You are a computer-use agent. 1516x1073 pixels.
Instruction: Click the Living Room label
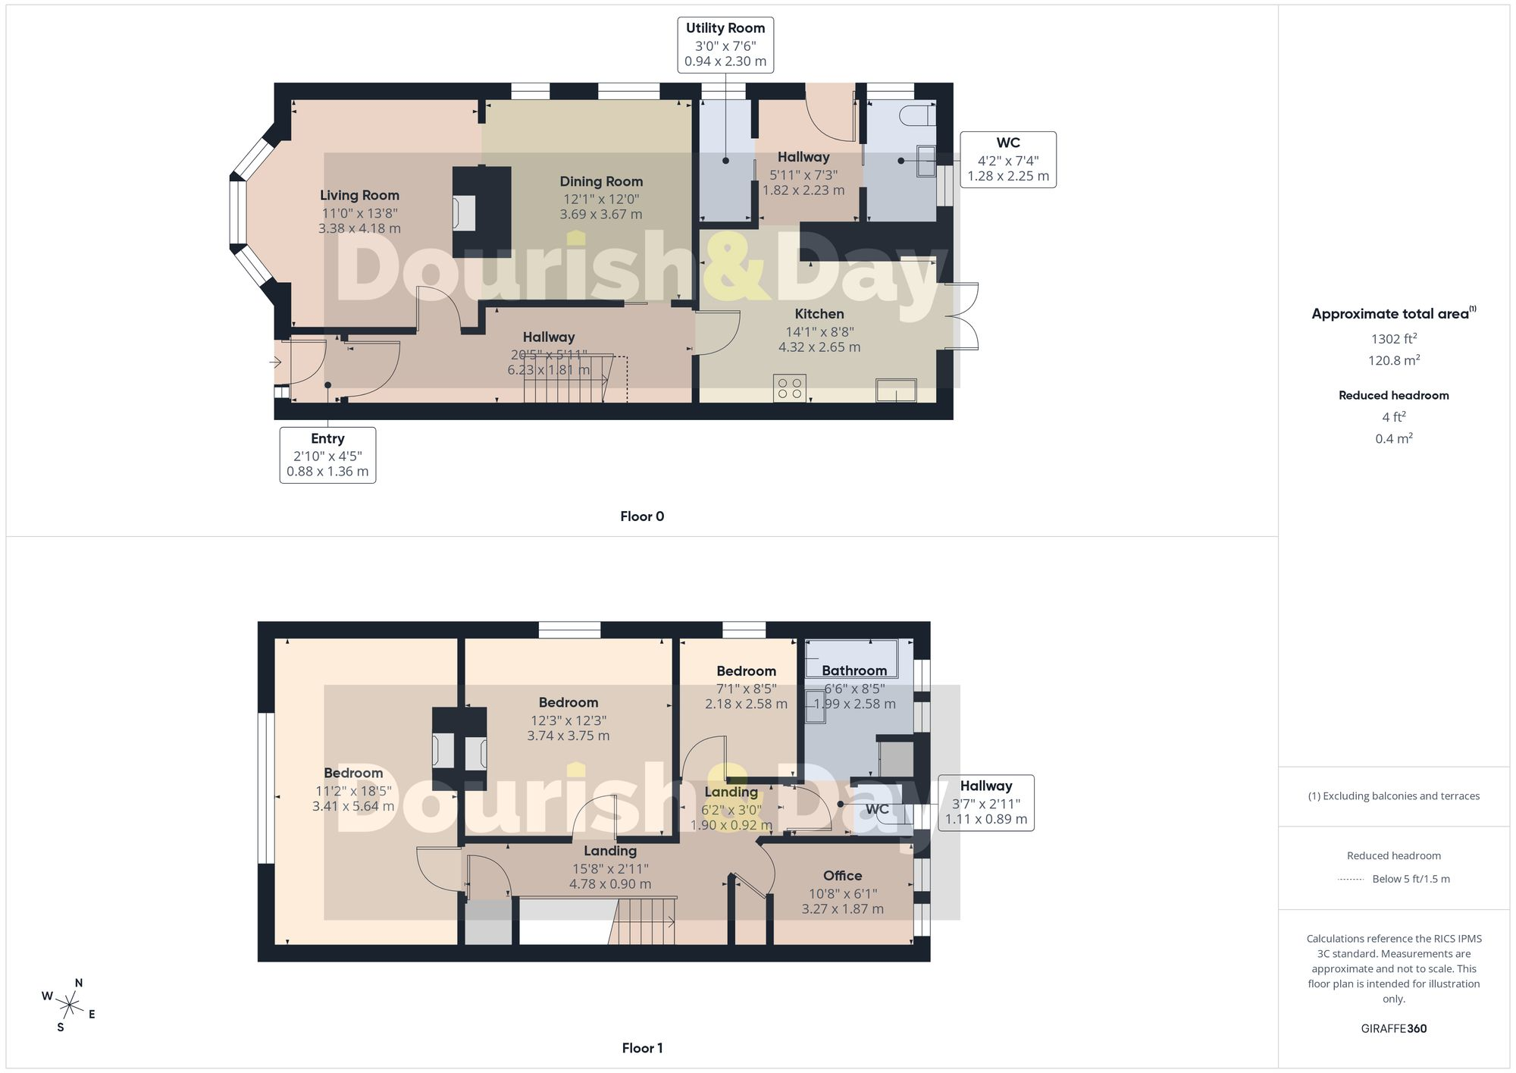pyautogui.click(x=359, y=196)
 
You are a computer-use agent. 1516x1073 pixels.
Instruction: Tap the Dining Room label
pyautogui.click(x=601, y=182)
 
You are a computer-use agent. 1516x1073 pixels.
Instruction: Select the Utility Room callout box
pyautogui.click(x=725, y=45)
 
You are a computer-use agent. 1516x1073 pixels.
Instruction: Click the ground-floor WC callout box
pyautogui.click(x=1008, y=160)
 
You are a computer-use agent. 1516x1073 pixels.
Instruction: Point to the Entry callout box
pyautogui.click(x=327, y=455)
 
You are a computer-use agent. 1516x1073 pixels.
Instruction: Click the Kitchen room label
pyautogui.click(x=819, y=314)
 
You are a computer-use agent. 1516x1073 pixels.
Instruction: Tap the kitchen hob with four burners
pyautogui.click(x=790, y=388)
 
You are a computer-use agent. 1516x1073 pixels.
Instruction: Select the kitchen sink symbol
pyautogui.click(x=896, y=390)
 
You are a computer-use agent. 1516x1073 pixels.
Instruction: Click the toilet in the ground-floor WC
pyautogui.click(x=917, y=115)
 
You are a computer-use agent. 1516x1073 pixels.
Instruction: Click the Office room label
pyautogui.click(x=842, y=876)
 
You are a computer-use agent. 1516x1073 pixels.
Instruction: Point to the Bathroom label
pyautogui.click(x=854, y=671)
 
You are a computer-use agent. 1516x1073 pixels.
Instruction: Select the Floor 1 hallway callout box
pyautogui.click(x=986, y=803)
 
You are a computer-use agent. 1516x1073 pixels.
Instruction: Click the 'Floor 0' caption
pyautogui.click(x=642, y=516)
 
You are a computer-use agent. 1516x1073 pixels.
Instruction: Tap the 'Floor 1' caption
pyautogui.click(x=642, y=1048)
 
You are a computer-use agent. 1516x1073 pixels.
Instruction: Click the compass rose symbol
pyautogui.click(x=70, y=1006)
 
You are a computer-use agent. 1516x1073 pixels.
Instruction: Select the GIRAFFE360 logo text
pyautogui.click(x=1394, y=1029)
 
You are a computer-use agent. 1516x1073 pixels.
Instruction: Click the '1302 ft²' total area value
pyautogui.click(x=1394, y=339)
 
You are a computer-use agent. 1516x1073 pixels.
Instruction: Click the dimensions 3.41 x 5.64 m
pyautogui.click(x=353, y=806)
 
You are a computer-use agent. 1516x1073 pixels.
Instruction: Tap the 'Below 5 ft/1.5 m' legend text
pyautogui.click(x=1411, y=879)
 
